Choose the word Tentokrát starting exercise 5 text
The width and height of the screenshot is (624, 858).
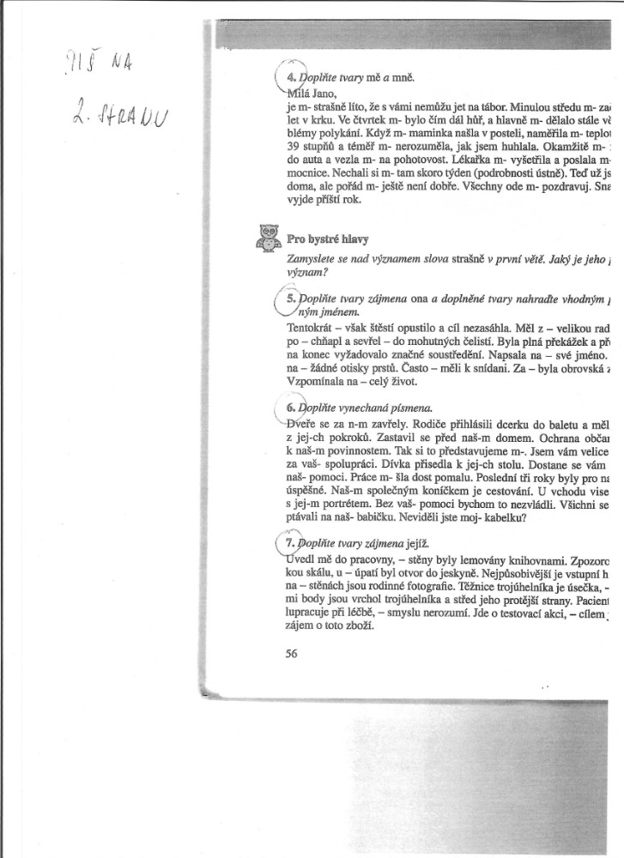[311, 327]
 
